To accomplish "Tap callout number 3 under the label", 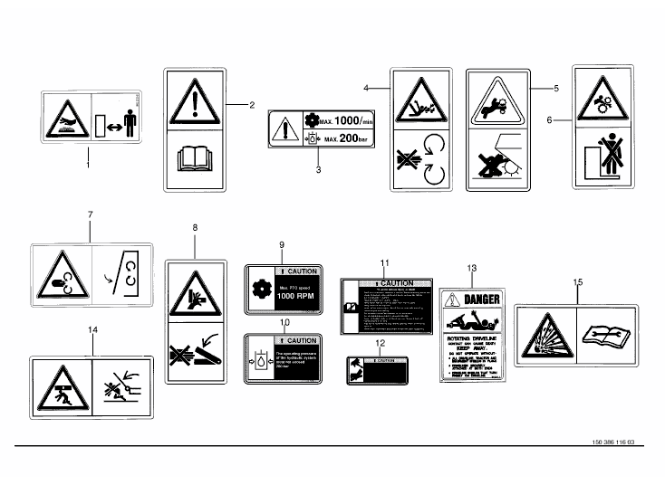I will [317, 169].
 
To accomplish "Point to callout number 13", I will [471, 269].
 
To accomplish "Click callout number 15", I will [578, 281].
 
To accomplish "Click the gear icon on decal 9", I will [260, 290].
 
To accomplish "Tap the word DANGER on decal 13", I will [481, 300].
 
